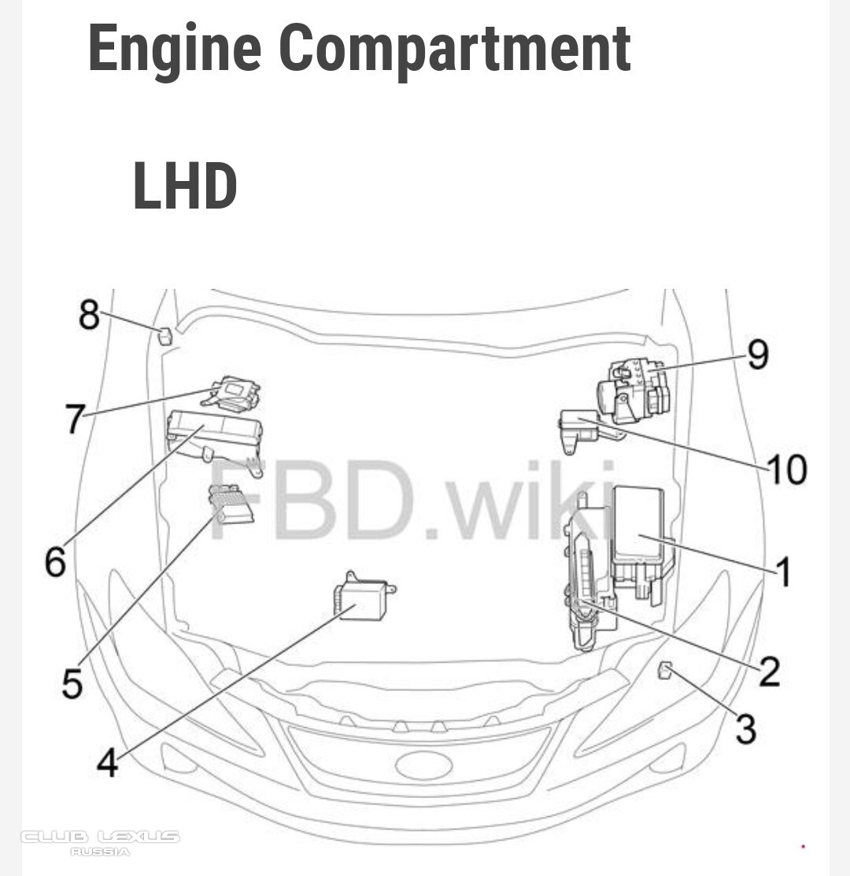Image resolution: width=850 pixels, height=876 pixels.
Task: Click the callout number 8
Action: point(89,314)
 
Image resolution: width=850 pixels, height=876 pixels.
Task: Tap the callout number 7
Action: point(76,419)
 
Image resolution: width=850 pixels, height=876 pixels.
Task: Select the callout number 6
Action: point(55,561)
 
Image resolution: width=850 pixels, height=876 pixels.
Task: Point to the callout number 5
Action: point(72,682)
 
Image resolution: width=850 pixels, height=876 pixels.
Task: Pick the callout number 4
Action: point(108,763)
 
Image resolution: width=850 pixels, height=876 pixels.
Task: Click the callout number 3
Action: point(746,729)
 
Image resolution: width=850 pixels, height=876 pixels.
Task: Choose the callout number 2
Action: point(770,671)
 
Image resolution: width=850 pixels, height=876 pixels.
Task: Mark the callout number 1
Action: point(784,571)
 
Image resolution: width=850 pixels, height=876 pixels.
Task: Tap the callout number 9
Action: point(758,354)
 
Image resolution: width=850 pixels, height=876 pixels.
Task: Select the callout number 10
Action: point(788,469)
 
